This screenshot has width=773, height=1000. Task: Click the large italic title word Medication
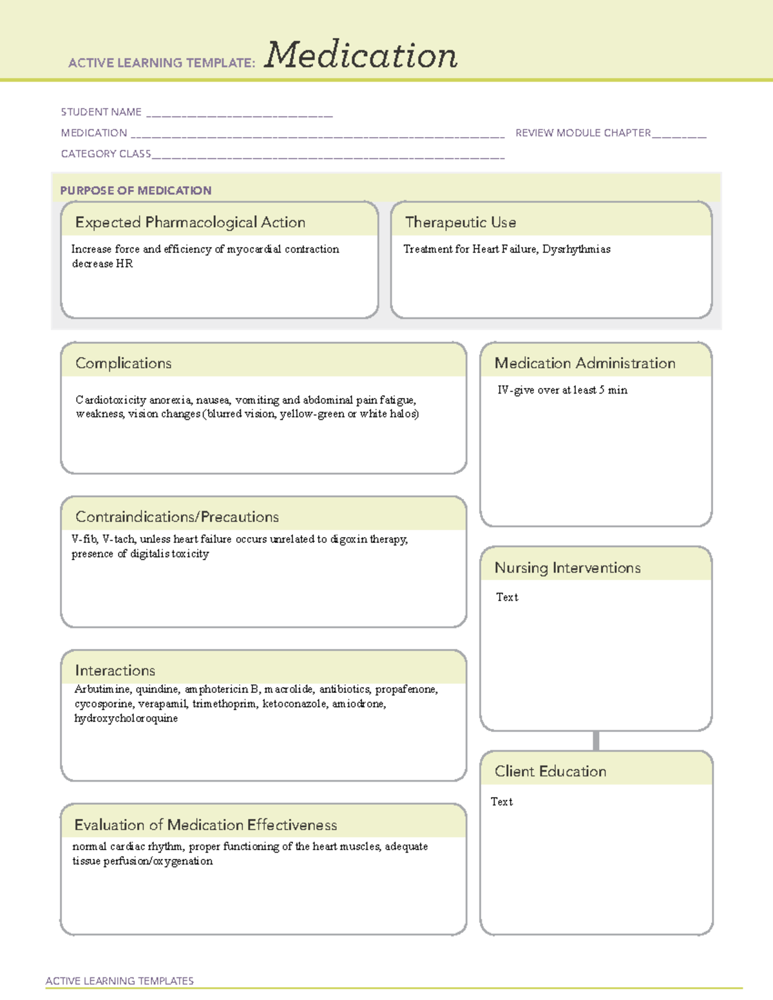[x=361, y=55]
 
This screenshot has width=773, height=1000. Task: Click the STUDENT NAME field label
[x=101, y=112]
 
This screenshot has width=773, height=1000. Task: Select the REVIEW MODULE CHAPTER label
[x=583, y=133]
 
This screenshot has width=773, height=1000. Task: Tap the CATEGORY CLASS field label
[x=106, y=154]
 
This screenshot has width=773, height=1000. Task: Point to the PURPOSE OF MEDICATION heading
[x=135, y=191]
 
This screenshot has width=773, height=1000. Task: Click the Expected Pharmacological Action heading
[x=190, y=222]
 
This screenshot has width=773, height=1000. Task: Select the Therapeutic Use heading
[x=460, y=222]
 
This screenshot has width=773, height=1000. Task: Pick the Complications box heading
[x=123, y=363]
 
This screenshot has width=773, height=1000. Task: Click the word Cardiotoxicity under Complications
[x=111, y=400]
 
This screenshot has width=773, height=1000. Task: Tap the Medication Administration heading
[x=584, y=363]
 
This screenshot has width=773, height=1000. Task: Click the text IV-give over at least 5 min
[x=562, y=390]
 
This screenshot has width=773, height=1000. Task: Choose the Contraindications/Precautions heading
[x=177, y=516]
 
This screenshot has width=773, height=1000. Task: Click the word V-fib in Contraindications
[x=84, y=540]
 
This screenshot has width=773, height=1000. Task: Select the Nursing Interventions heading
[x=567, y=567]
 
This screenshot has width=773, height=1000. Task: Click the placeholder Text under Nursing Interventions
[x=507, y=598]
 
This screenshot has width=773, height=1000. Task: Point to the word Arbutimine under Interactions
[x=103, y=690]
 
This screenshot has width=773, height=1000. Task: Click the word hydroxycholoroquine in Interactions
[x=126, y=719]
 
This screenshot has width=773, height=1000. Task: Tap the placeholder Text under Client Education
[x=502, y=802]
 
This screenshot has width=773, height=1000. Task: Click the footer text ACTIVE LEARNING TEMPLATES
[x=119, y=981]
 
